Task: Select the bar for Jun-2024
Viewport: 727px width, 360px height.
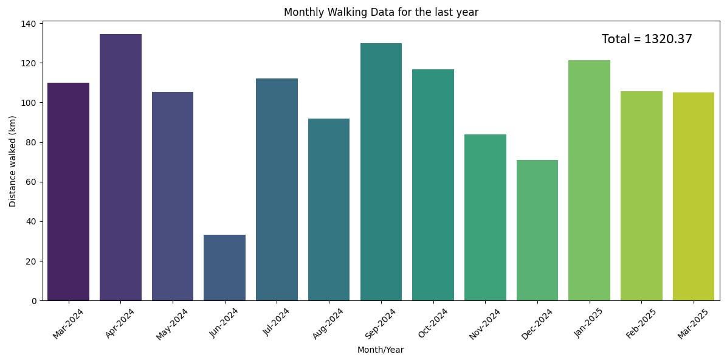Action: click(224, 268)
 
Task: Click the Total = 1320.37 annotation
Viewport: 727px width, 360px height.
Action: click(647, 39)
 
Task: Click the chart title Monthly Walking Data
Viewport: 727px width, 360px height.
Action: click(381, 12)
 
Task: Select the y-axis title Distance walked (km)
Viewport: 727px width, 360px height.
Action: click(13, 161)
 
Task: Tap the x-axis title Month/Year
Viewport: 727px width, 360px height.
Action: click(381, 350)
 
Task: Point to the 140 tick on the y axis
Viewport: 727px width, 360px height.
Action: click(30, 24)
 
